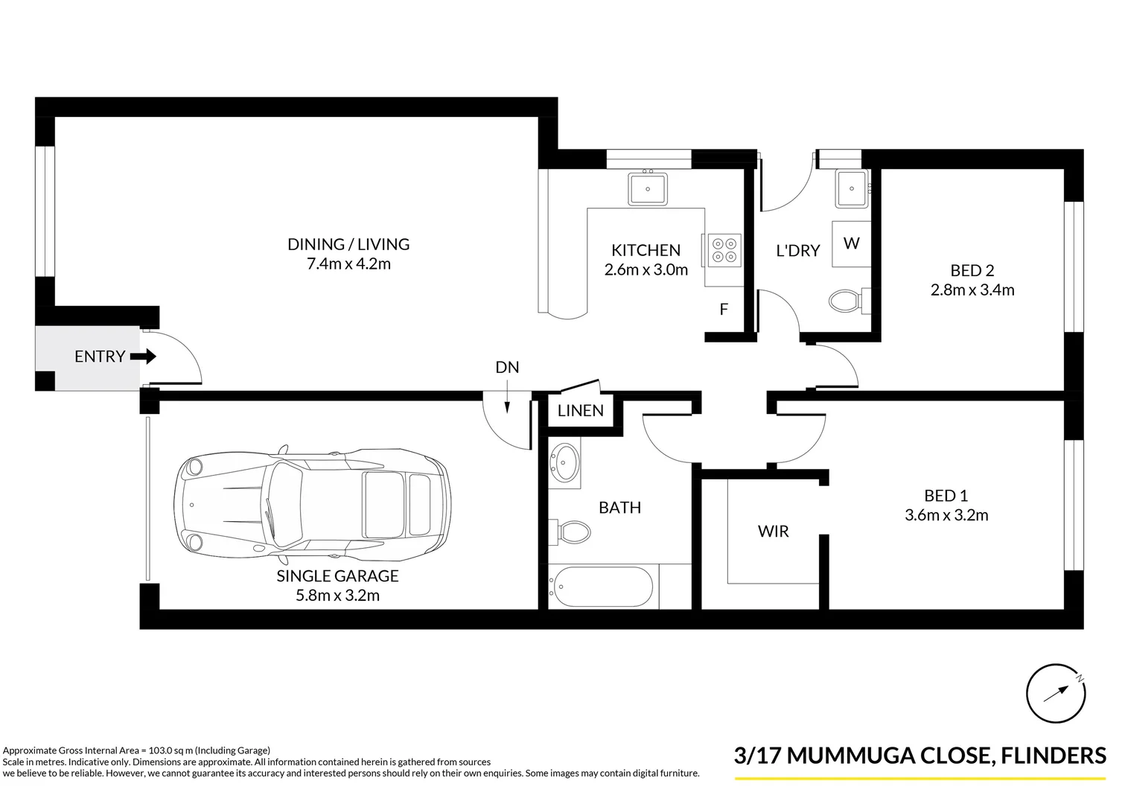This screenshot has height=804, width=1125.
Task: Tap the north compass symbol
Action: (x=1056, y=692)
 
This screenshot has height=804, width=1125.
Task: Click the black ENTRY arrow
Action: (x=143, y=357)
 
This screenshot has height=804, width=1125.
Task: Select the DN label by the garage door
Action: (x=507, y=367)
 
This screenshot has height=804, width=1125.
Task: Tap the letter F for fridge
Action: (x=724, y=309)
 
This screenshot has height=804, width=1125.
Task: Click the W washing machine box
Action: (x=851, y=243)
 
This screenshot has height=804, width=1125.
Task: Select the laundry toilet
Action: (x=847, y=301)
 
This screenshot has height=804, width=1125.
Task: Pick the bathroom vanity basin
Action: (x=565, y=463)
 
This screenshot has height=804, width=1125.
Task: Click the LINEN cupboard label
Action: (x=581, y=410)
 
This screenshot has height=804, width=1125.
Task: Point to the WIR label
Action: (x=773, y=532)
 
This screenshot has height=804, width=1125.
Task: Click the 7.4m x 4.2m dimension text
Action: (x=348, y=264)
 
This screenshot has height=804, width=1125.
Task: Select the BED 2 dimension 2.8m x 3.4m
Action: (x=972, y=290)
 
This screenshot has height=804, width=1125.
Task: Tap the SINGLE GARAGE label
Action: (x=337, y=575)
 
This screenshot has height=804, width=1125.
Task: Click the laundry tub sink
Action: (x=850, y=188)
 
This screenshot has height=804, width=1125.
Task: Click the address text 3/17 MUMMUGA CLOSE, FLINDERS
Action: (x=920, y=756)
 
